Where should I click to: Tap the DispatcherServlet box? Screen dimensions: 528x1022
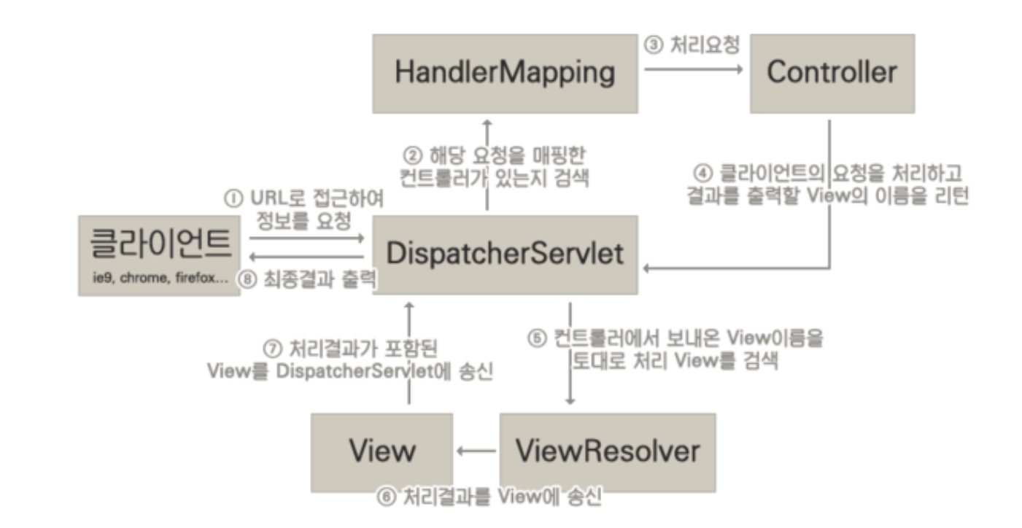[x=505, y=254]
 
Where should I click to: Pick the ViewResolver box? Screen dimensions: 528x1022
[x=607, y=452]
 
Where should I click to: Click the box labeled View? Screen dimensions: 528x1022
[x=382, y=452]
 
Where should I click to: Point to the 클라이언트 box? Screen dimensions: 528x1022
[x=159, y=254]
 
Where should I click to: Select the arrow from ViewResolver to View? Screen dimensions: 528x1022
[x=476, y=452]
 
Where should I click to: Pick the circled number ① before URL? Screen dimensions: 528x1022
[x=233, y=199]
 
